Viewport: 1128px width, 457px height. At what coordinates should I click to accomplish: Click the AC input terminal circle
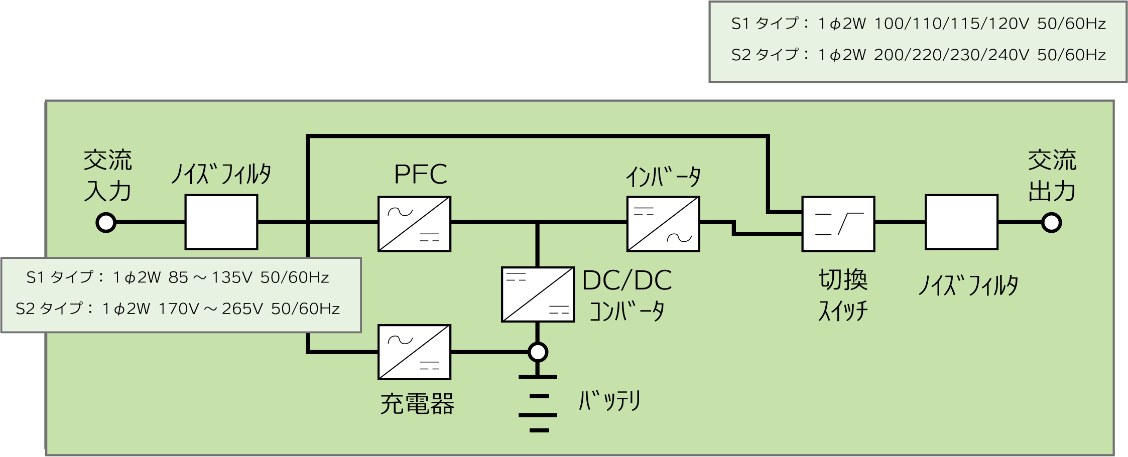click(106, 223)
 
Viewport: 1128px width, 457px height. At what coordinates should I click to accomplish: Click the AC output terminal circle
click(1051, 223)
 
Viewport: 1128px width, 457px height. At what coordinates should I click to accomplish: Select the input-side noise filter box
click(221, 222)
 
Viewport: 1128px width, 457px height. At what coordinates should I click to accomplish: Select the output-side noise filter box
click(961, 222)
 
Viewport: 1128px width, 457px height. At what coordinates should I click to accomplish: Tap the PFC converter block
click(414, 224)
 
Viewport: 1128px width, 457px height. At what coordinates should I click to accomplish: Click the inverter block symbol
click(663, 224)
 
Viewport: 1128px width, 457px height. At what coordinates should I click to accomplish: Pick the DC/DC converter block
click(538, 294)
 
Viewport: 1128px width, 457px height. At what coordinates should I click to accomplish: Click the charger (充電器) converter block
click(414, 352)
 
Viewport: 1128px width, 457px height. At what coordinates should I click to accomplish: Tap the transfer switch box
click(838, 224)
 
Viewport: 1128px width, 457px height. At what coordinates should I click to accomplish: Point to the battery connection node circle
click(538, 352)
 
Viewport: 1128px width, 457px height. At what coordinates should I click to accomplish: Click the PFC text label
click(420, 175)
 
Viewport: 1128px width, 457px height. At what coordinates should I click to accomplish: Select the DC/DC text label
click(627, 280)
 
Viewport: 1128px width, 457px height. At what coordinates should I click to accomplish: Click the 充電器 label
click(417, 404)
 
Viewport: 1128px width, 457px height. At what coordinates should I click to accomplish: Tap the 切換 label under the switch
click(843, 279)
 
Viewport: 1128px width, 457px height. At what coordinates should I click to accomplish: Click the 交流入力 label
click(108, 176)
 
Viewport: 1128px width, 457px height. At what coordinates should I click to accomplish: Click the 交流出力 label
click(1052, 176)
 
